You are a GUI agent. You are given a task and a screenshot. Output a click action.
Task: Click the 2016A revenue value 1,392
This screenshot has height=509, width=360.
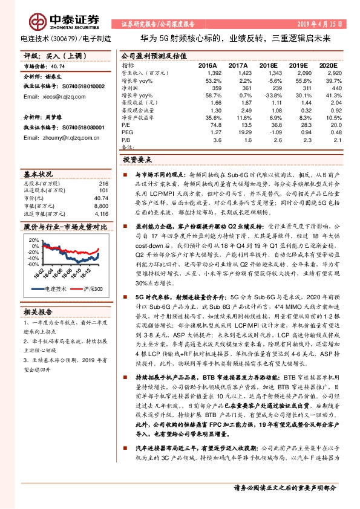(x=207, y=71)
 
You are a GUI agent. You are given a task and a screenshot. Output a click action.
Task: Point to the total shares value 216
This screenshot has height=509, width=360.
(x=103, y=183)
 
